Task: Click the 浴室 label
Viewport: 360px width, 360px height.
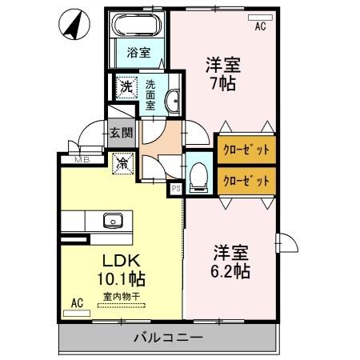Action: pos(138,54)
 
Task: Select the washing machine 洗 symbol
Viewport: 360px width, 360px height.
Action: pos(126,86)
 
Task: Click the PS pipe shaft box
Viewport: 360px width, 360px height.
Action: pos(176,189)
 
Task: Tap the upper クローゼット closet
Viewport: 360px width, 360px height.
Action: pos(246,149)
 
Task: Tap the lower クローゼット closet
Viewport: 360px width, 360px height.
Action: pos(246,180)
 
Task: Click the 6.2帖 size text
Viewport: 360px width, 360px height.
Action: pos(231,271)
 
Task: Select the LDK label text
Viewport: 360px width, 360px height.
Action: pos(120,261)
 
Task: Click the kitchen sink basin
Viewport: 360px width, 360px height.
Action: pos(111,220)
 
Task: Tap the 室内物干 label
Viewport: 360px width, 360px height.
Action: pos(121,296)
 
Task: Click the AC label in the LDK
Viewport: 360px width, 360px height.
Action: pos(77,302)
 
